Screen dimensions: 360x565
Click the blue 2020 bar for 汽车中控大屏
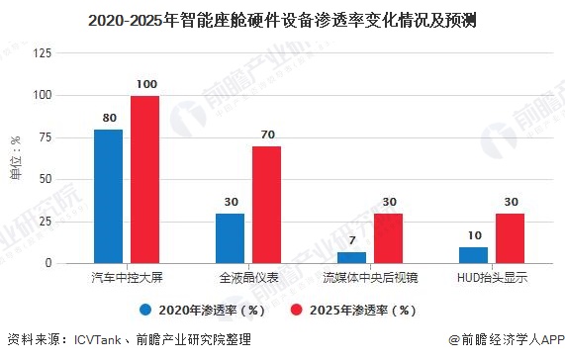pyautogui.click(x=108, y=196)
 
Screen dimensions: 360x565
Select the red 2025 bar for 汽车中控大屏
pyautogui.click(x=144, y=179)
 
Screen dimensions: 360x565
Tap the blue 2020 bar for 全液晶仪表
pyautogui.click(x=230, y=238)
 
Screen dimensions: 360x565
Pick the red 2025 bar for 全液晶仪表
pyautogui.click(x=266, y=205)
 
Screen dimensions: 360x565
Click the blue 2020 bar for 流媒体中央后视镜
pyautogui.click(x=351, y=257)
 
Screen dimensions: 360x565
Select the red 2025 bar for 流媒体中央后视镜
pyautogui.click(x=388, y=238)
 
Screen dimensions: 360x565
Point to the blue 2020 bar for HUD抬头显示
pyautogui.click(x=473, y=255)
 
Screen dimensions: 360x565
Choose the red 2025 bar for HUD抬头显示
pyautogui.click(x=510, y=238)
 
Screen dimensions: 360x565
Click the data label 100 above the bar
pyautogui.click(x=144, y=86)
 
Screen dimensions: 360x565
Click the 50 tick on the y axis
pyautogui.click(x=45, y=180)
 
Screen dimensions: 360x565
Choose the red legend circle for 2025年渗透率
pyautogui.click(x=294, y=308)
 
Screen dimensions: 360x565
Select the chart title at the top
pyautogui.click(x=282, y=18)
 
